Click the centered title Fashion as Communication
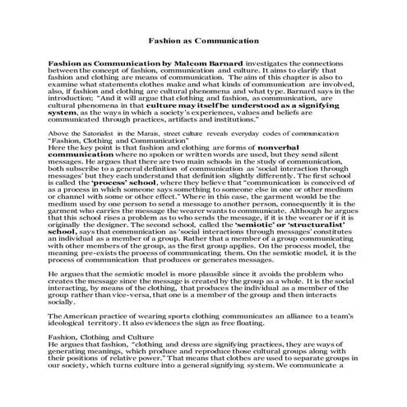[x=203, y=39]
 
